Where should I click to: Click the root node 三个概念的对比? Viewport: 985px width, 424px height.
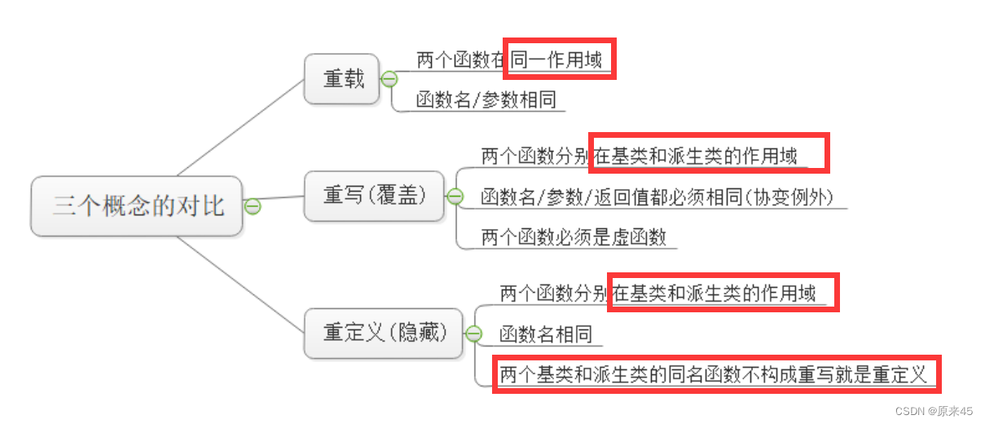click(137, 205)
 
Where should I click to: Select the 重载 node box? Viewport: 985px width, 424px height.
click(342, 79)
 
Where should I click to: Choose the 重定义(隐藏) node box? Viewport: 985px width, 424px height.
click(384, 333)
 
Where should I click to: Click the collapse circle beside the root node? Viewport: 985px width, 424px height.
click(253, 206)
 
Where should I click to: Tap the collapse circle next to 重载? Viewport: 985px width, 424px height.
click(389, 79)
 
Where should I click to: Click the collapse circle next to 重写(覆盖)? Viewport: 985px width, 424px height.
click(455, 197)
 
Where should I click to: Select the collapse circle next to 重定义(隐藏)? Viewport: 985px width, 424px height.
click(473, 333)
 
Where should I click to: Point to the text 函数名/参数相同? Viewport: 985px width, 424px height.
click(486, 100)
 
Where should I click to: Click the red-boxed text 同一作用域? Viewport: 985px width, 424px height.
click(557, 60)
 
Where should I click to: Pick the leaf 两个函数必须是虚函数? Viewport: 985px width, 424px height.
click(574, 237)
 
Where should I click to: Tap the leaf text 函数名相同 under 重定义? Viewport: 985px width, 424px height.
click(545, 334)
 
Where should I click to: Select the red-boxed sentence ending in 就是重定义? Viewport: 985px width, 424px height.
click(713, 375)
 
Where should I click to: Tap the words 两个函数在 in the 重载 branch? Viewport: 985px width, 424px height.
click(461, 60)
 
